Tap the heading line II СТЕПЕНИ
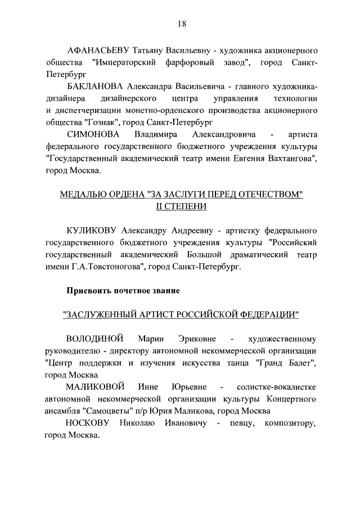(181, 207)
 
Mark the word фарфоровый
(190, 61)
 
